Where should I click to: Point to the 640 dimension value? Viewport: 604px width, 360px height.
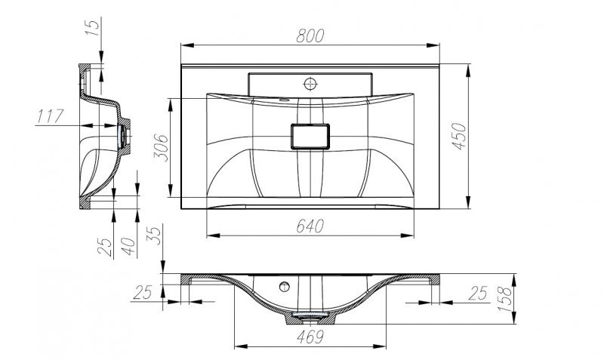[310, 226]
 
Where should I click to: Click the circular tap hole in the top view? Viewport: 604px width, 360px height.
[310, 82]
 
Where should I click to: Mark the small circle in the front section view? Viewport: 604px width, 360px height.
[285, 286]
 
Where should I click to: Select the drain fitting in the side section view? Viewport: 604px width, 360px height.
[124, 135]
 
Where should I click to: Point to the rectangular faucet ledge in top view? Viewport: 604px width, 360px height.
[310, 82]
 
